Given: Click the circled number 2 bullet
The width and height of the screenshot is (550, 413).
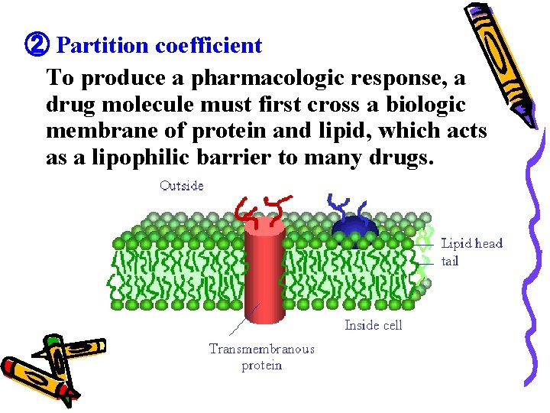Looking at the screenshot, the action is [37, 45].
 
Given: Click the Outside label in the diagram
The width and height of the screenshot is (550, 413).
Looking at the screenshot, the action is [182, 186].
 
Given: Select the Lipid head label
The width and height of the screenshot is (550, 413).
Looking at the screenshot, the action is [472, 243].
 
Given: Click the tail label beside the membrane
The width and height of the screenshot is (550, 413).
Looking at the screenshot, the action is [450, 261].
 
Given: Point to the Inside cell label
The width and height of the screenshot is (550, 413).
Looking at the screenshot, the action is [373, 325].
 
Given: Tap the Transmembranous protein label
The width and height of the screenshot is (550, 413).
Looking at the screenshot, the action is [262, 357].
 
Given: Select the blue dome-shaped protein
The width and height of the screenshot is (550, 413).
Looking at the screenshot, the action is [353, 228].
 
